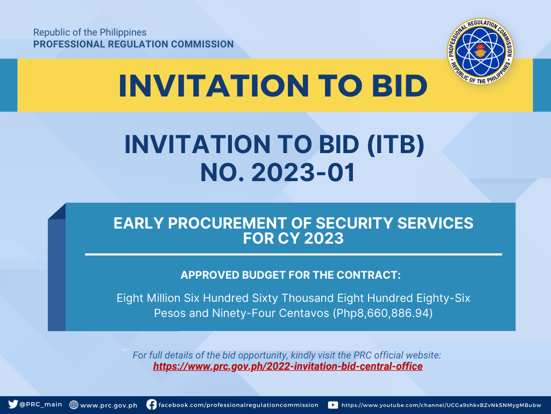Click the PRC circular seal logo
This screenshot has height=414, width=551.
click(x=480, y=51)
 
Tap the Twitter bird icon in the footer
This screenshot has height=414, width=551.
click(x=13, y=404)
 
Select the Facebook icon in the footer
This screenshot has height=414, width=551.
click(x=151, y=404)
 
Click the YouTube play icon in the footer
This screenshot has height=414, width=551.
click(x=333, y=405)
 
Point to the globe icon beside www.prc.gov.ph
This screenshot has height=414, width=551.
click(x=73, y=405)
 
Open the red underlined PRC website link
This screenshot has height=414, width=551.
click(x=288, y=367)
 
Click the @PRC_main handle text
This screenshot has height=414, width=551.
click(x=41, y=404)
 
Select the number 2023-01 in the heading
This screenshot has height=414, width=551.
click(x=303, y=172)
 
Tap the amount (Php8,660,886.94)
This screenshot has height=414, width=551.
click(x=383, y=313)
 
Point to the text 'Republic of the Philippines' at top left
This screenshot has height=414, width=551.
click(x=90, y=32)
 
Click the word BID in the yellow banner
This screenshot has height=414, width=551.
click(x=400, y=86)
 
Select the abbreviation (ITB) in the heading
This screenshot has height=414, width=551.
click(x=395, y=144)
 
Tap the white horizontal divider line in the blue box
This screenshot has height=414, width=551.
click(x=293, y=254)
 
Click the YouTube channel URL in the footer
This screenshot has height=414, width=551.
click(x=441, y=405)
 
